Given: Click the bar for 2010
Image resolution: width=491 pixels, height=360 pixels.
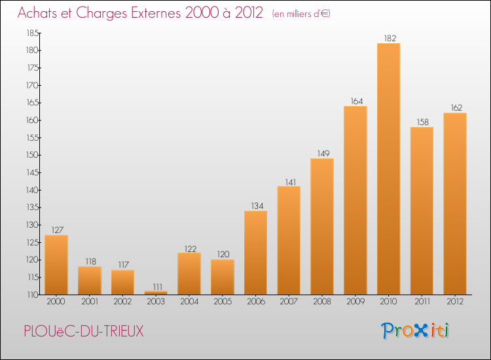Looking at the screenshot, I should coord(388,169).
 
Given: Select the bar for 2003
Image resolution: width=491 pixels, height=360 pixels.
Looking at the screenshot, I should coord(156,293).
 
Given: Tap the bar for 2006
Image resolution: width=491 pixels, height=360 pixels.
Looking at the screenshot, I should coord(255,253).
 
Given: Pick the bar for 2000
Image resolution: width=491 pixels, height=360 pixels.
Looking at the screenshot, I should coord(56,264).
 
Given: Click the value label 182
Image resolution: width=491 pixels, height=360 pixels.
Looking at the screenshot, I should coord(388,39).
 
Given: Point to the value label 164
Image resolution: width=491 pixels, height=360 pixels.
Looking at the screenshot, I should coord(355,101).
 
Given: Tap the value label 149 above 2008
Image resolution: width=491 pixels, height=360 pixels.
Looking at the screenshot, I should coord(322,154).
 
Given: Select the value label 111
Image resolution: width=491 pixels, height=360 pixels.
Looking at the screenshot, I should coord(156,286).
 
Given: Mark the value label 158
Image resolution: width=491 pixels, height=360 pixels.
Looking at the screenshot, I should coord(422,122).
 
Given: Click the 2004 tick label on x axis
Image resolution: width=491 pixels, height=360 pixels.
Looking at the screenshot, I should coord(189,302).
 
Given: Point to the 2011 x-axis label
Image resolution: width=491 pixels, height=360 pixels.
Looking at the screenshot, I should coord(422,302).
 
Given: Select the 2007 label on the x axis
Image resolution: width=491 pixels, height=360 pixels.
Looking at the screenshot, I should coord(289,302).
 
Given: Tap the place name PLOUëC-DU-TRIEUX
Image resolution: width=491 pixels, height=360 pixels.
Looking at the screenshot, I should coord(82,331).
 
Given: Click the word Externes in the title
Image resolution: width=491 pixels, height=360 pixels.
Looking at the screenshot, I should coord(158,13).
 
